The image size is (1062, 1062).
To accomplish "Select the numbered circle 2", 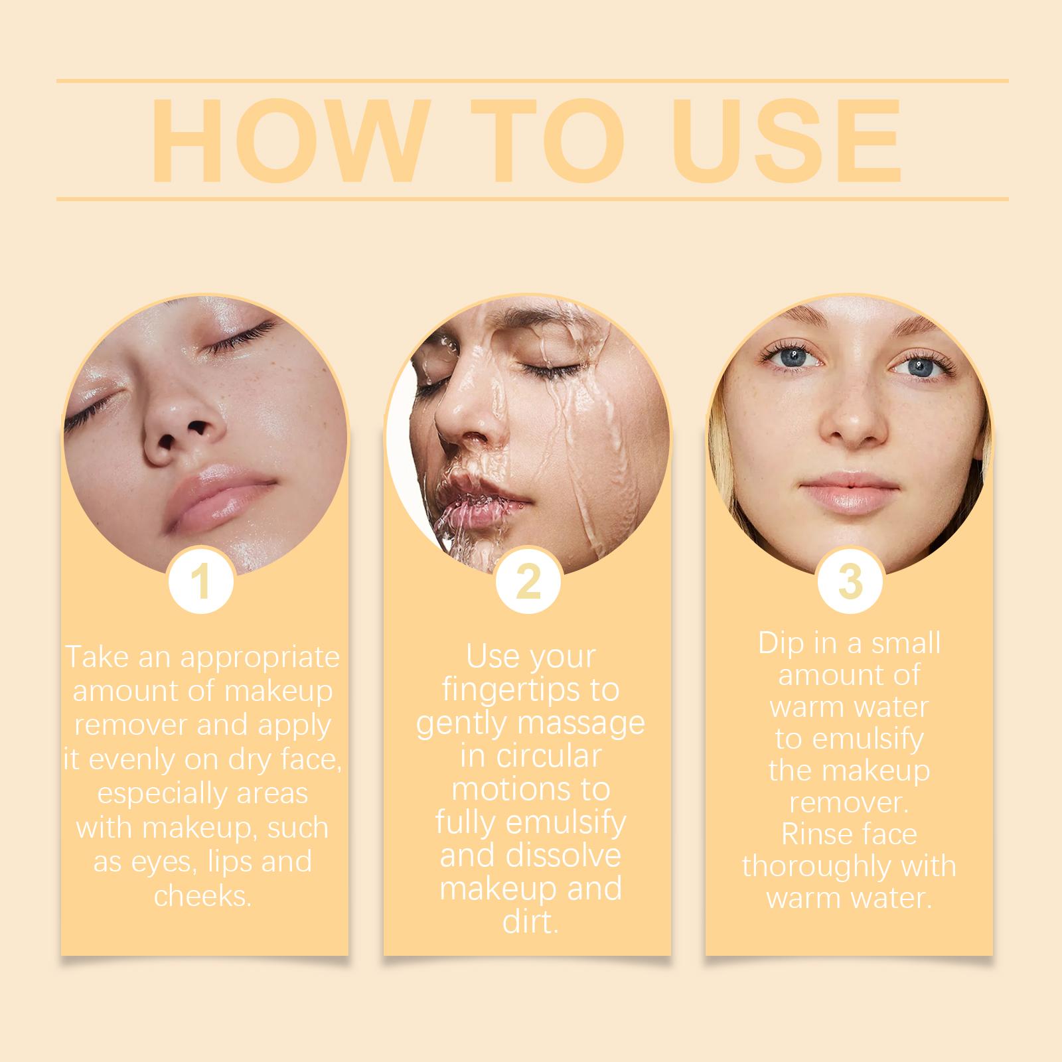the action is [x=528, y=581].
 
